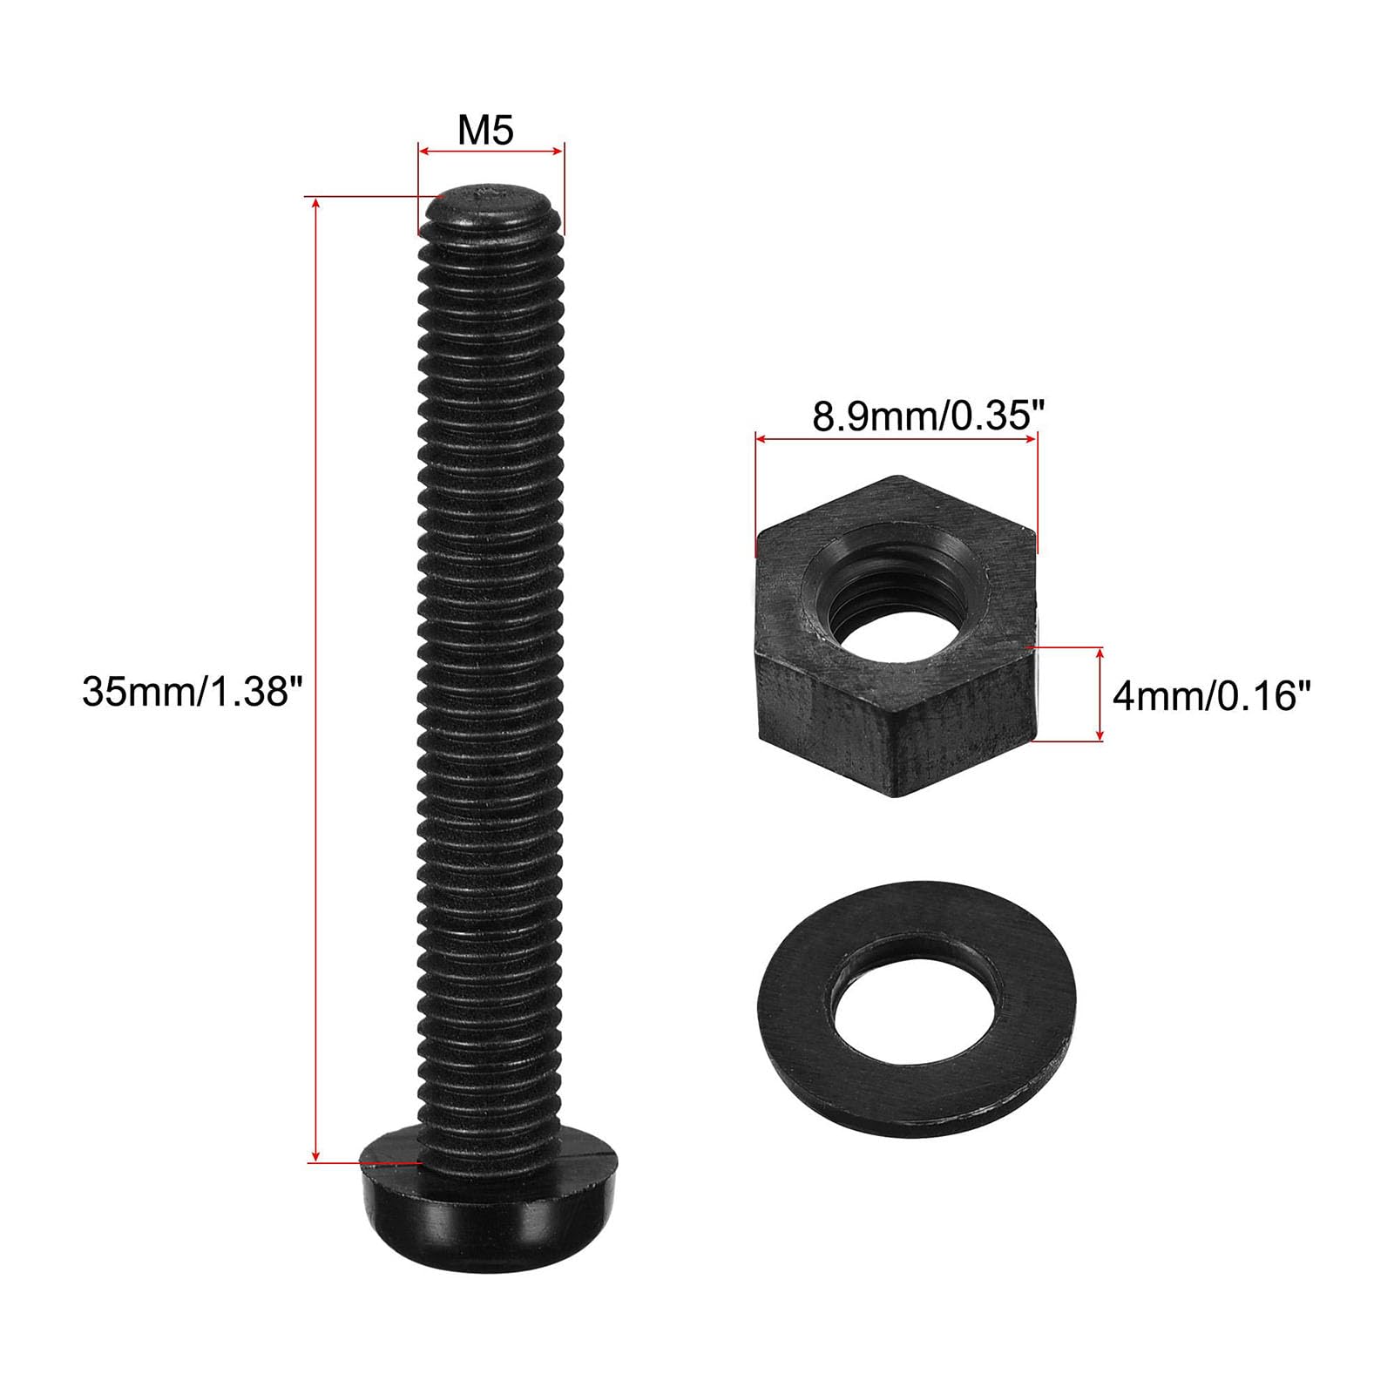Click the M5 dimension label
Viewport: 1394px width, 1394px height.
(486, 130)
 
